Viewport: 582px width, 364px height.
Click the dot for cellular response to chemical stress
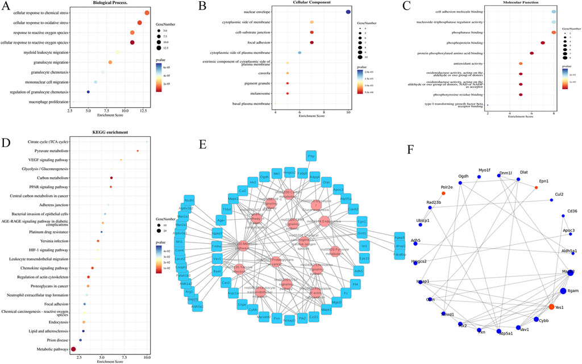147,12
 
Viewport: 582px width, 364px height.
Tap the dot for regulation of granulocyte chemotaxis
88,92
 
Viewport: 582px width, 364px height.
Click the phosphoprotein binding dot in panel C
543,43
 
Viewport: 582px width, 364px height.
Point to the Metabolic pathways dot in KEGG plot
73,349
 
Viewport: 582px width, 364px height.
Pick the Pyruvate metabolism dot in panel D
138,150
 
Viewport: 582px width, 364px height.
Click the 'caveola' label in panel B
261,73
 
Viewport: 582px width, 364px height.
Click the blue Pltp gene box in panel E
311,155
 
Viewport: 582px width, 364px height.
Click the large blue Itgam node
562,291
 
